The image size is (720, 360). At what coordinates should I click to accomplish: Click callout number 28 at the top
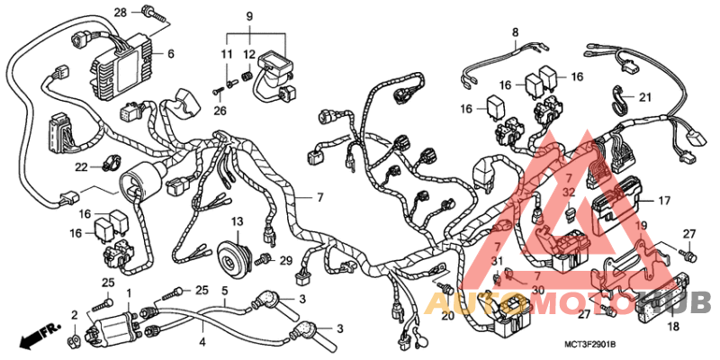tap(121, 12)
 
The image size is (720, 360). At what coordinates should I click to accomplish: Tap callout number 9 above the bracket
tap(249, 15)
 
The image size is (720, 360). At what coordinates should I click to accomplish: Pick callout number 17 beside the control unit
tap(664, 201)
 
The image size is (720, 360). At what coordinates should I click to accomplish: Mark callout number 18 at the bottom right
tap(673, 328)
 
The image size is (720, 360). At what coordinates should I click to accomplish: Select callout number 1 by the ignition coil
tap(129, 293)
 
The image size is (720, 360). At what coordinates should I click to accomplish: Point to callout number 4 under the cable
tap(202, 342)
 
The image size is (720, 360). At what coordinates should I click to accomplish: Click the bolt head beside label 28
tap(148, 13)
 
